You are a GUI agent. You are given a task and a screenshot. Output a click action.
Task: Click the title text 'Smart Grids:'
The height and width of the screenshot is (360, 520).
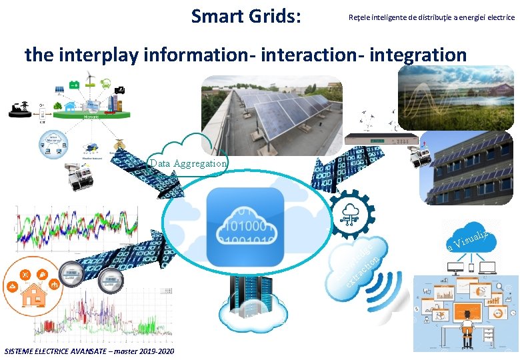[x=245, y=15]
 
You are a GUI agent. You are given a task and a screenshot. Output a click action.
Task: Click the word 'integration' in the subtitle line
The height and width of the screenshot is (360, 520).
[x=415, y=55]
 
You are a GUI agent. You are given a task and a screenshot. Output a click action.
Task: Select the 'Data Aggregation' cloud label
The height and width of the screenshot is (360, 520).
[x=189, y=163]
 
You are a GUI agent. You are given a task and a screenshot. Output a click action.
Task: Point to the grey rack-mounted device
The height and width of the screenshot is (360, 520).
[x=383, y=139]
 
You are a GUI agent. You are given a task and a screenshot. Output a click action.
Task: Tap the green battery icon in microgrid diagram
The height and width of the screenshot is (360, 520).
[x=75, y=85]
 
